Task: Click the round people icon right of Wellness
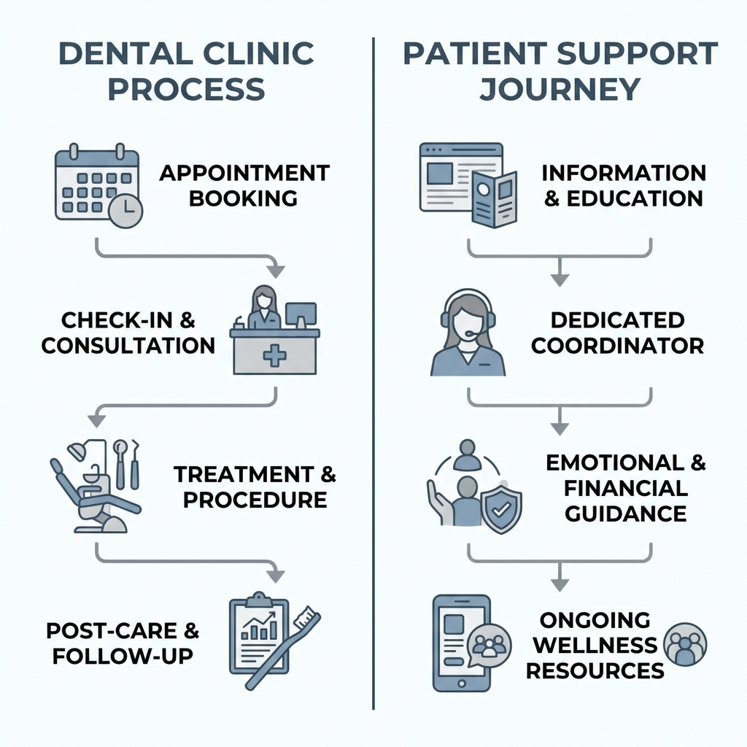coord(686,643)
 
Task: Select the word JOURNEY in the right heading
coord(560,89)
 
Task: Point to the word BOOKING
coord(244,198)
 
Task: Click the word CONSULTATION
coord(128,345)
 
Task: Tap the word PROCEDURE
coord(255,500)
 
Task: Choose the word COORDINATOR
coord(617,345)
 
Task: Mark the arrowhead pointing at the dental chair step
coord(96,421)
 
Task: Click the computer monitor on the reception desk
coord(301,314)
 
